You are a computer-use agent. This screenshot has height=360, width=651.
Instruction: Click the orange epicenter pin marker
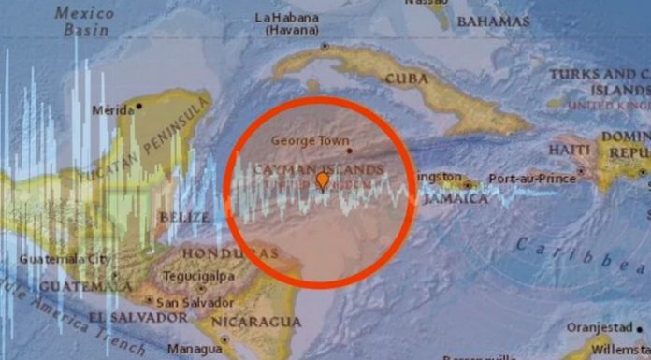(323, 180)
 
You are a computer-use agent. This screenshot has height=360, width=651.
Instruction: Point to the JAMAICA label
(456, 198)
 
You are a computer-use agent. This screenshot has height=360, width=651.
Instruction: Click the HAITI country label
(570, 150)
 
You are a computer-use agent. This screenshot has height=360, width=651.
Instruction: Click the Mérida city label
(112, 109)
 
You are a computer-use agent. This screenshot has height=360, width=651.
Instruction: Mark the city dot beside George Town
(348, 150)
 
